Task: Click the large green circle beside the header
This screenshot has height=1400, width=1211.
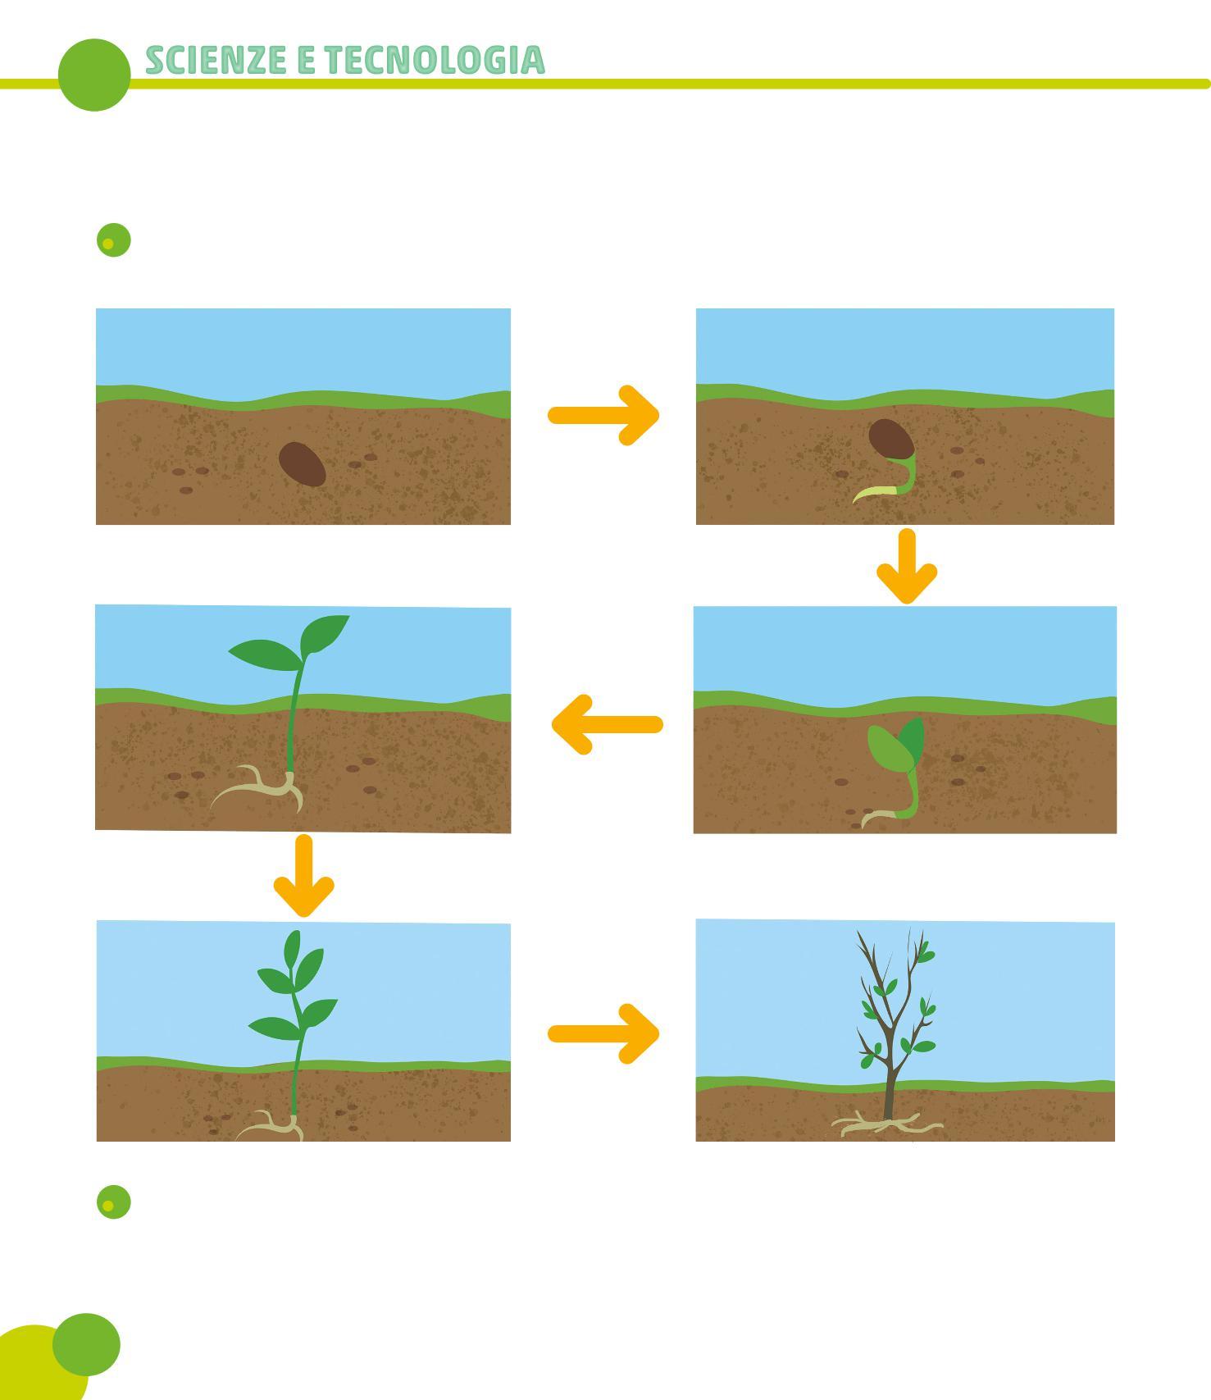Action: coord(94,75)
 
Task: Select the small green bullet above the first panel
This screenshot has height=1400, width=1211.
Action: coord(113,240)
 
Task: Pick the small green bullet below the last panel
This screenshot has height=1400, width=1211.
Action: coord(113,1202)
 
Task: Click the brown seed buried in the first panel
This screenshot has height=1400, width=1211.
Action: coord(302,464)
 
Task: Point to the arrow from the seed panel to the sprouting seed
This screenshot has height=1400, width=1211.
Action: coord(603,415)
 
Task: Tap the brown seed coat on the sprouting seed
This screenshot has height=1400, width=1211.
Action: coord(890,439)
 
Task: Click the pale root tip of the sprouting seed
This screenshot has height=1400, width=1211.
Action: coord(865,495)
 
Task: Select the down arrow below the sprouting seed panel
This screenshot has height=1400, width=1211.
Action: coord(907,566)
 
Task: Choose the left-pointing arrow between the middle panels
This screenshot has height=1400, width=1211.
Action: coord(607,724)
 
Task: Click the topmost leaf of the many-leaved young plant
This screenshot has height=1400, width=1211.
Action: coord(293,948)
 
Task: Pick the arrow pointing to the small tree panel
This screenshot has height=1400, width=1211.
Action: coord(603,1033)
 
